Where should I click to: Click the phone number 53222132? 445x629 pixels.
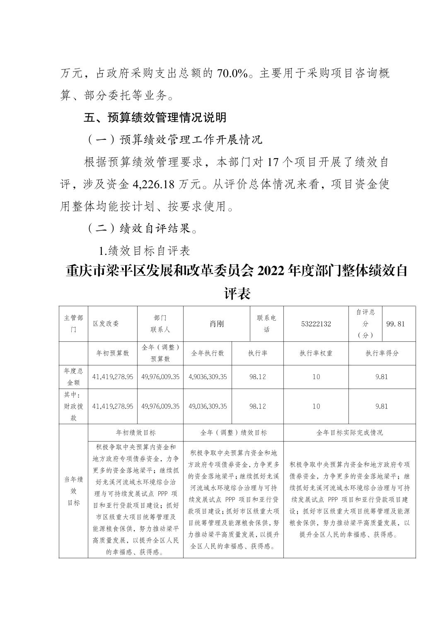point(316,324)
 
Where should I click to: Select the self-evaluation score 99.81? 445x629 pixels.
point(395,324)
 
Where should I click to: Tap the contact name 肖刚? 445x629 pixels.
point(216,324)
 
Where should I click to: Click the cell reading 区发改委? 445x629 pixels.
point(106,324)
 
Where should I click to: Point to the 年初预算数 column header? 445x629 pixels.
point(112,353)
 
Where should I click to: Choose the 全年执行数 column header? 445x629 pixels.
point(207,353)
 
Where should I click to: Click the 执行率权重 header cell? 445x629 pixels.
point(316,353)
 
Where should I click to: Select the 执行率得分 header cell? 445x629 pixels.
point(382,353)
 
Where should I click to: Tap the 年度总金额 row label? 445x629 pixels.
point(73,377)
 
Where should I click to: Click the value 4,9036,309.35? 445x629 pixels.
point(207,377)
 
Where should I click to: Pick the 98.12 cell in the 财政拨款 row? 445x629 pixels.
point(257,406)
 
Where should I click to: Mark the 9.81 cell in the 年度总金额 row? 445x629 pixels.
point(382,377)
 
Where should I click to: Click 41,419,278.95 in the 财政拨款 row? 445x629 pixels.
point(112,406)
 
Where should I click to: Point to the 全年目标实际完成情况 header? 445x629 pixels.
point(349,432)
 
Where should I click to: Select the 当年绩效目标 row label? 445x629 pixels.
point(73,491)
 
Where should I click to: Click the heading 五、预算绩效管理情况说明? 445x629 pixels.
point(155,118)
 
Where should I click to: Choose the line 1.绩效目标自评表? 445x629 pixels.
point(144,251)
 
